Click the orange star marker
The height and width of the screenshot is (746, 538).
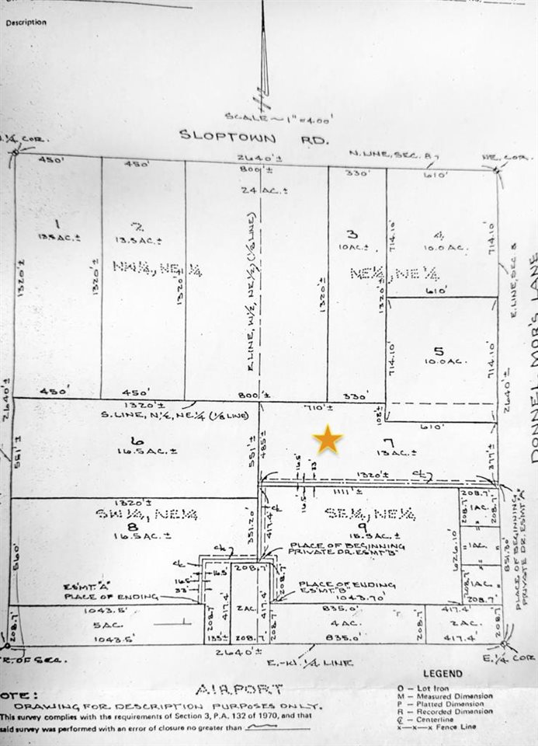pos(328,440)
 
